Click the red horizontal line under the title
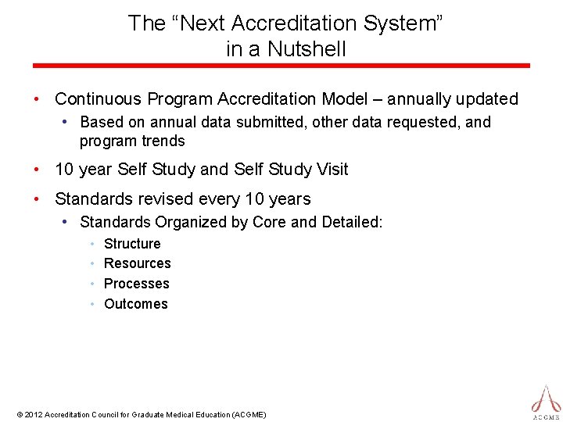(x=281, y=66)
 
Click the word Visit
(x=327, y=170)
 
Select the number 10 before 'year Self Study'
(x=65, y=170)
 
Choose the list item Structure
(x=132, y=244)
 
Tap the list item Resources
(x=137, y=263)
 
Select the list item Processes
(x=136, y=284)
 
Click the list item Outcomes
(x=135, y=304)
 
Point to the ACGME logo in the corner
(x=546, y=401)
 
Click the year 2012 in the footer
(x=33, y=414)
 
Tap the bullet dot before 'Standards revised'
(x=37, y=199)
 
